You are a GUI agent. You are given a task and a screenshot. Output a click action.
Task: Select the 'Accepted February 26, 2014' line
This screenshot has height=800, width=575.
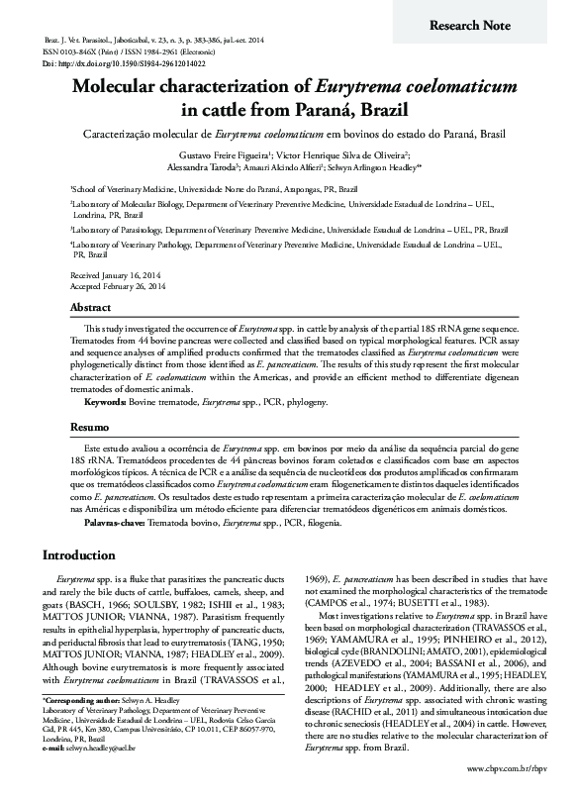coord(117,284)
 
